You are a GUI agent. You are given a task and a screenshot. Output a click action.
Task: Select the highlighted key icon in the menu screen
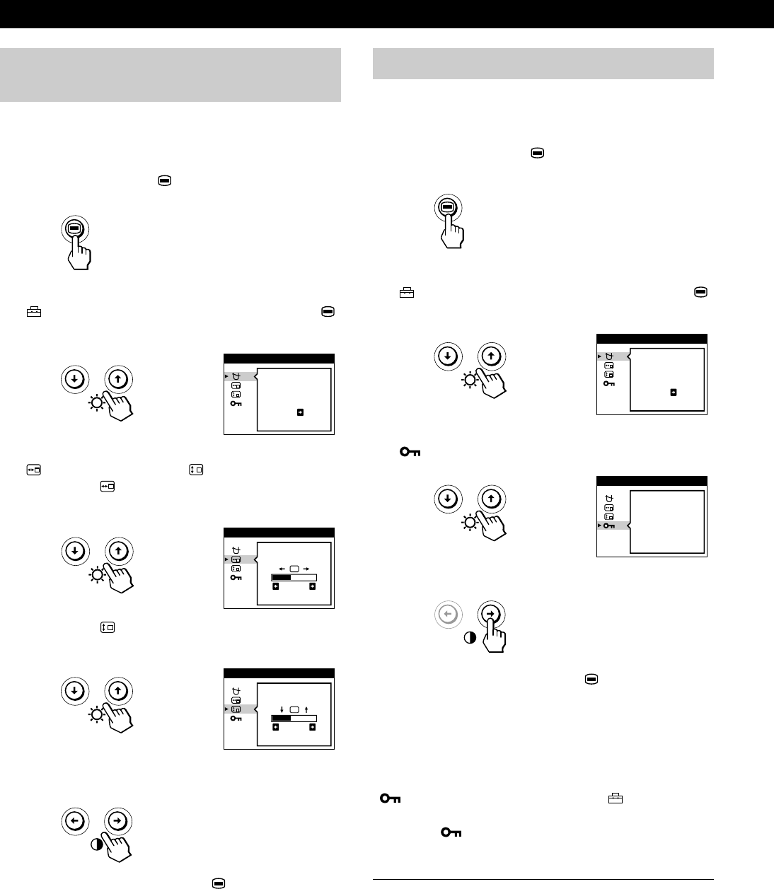pos(609,525)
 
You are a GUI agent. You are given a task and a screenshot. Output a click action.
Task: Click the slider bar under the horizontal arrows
pos(294,577)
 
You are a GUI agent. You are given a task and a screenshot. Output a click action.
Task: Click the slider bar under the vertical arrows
pos(294,717)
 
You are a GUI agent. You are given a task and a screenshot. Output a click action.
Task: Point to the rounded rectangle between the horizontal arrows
pos(294,568)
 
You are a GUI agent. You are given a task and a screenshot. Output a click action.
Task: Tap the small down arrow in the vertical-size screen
pos(282,709)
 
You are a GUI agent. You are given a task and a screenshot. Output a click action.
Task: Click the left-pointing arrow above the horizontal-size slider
pos(281,568)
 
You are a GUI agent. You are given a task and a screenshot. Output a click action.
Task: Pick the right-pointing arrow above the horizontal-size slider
pos(306,568)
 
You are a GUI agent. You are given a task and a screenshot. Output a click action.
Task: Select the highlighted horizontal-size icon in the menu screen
pos(236,559)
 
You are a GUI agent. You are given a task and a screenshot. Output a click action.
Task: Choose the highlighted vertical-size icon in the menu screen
pos(236,709)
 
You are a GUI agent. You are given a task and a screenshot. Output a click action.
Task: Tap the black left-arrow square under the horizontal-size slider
pos(275,586)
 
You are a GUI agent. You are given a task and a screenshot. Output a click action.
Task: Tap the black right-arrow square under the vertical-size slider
pos(312,726)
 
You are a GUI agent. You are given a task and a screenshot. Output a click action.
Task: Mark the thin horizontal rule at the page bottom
pos(543,880)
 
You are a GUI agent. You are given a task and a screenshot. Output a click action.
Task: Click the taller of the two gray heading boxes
pos(171,75)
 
